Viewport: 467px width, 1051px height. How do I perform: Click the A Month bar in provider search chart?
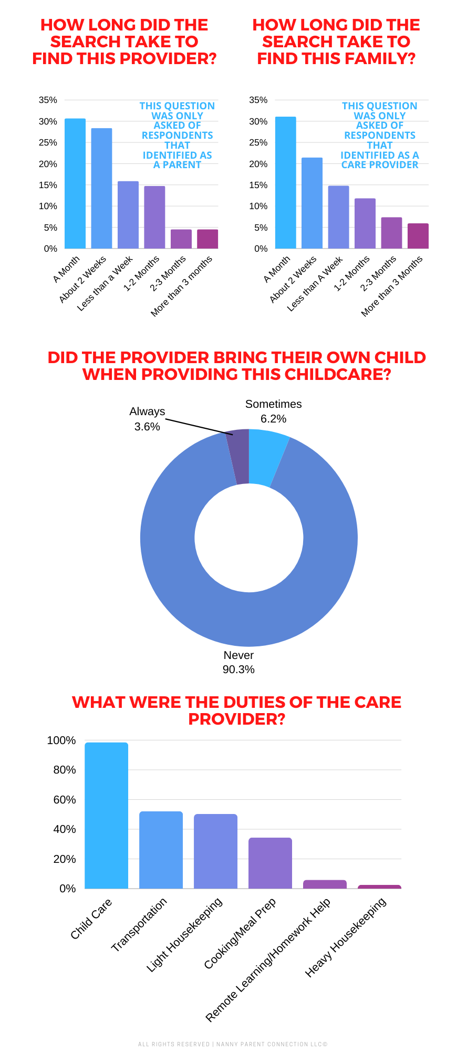75,184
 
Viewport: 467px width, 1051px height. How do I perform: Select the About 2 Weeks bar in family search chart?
312,203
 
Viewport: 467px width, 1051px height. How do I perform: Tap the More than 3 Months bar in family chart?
418,236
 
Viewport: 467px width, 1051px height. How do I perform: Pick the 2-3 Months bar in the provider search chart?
181,239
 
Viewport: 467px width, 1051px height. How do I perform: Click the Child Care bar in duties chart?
107,816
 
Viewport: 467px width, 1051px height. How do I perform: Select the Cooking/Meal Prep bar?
270,863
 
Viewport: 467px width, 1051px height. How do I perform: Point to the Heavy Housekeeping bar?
379,887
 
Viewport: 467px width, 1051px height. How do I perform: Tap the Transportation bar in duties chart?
161,850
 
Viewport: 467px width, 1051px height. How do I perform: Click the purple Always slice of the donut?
238,456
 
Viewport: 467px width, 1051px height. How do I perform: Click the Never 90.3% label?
238,662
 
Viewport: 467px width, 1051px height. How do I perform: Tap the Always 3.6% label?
147,419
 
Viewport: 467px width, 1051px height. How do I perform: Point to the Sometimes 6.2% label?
273,411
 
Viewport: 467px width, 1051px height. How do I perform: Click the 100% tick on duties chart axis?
61,740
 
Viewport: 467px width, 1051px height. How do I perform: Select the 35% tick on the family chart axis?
258,100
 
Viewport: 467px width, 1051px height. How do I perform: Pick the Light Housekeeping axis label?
185,934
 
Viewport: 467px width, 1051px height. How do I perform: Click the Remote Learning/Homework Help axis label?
268,960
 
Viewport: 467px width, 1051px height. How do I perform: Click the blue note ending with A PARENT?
178,135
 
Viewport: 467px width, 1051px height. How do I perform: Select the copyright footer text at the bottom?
233,1044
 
